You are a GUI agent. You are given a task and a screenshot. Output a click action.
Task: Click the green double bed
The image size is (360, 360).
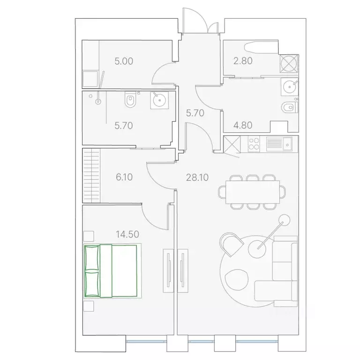pos(111,271)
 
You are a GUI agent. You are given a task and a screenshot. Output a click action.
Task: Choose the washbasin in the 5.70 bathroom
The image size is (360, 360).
pos(160,100)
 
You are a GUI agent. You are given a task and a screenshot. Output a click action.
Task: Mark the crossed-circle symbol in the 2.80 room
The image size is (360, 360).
pos(288,64)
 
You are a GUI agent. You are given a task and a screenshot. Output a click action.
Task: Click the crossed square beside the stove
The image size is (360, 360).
pos(232,143)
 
